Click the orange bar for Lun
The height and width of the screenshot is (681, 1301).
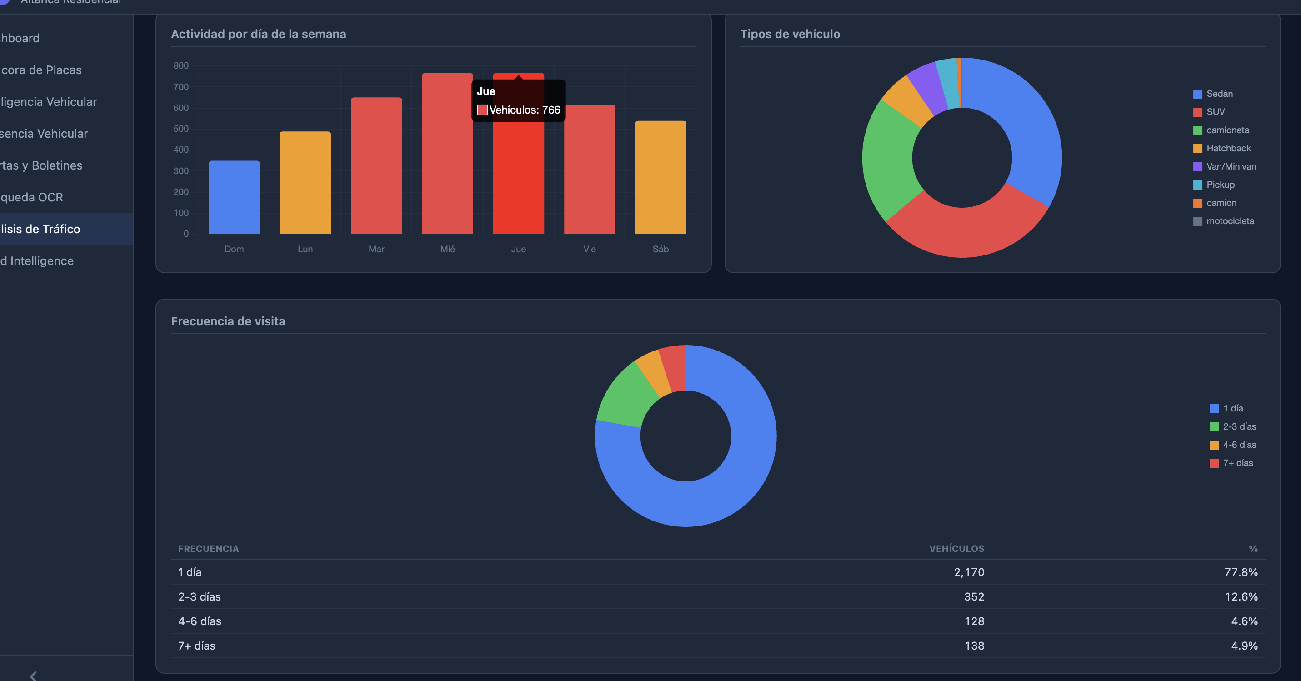click(305, 182)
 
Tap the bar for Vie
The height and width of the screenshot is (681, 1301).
click(590, 169)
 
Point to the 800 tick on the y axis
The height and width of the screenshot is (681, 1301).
click(181, 65)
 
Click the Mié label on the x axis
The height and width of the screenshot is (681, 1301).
click(447, 249)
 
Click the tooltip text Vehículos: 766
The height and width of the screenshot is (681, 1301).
click(524, 110)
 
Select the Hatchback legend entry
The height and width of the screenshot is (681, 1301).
click(1228, 149)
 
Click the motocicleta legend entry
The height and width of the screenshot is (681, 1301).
click(1229, 221)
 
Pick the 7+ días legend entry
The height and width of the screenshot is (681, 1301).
click(1237, 463)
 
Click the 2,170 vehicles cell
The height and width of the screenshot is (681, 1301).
click(969, 572)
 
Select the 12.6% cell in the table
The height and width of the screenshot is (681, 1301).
click(1241, 596)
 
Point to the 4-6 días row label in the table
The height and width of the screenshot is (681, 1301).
click(200, 621)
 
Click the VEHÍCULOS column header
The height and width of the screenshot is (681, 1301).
click(956, 549)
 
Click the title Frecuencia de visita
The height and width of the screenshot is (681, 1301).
click(228, 321)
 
